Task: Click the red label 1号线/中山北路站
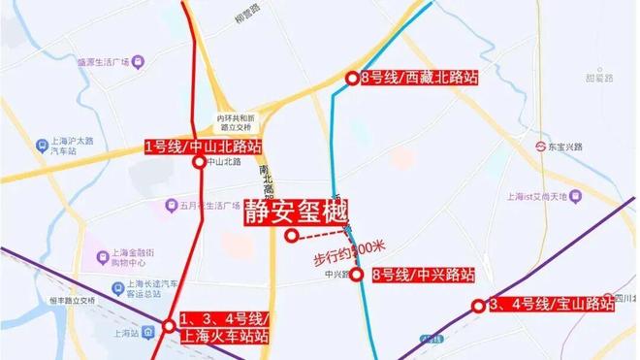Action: tap(203, 147)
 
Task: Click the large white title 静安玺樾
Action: tap(295, 210)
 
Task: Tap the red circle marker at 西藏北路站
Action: tap(352, 78)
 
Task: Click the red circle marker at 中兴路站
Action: tap(356, 275)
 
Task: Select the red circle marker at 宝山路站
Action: tap(477, 306)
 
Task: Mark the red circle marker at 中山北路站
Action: tap(199, 163)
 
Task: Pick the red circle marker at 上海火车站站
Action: tap(170, 325)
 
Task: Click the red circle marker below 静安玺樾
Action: tap(290, 235)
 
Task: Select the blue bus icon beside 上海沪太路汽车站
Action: tap(42, 147)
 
